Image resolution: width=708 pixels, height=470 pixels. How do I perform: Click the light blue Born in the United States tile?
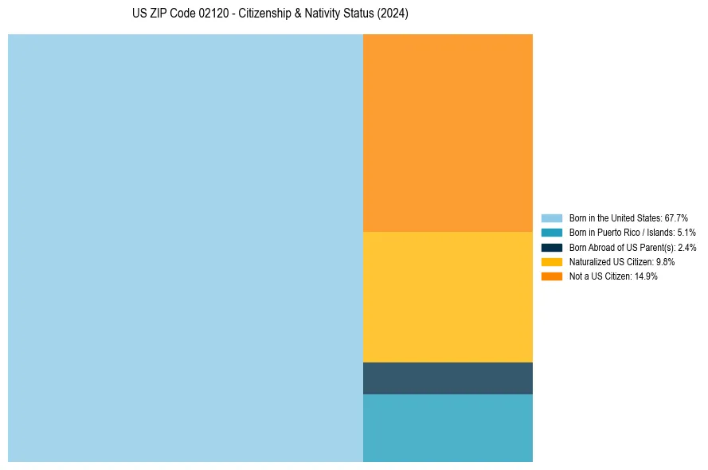[x=186, y=248]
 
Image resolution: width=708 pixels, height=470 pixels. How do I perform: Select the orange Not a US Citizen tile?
[x=448, y=132]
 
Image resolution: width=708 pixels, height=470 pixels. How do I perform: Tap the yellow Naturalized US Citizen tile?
[x=448, y=296]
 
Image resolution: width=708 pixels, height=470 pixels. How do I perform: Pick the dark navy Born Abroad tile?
[x=448, y=378]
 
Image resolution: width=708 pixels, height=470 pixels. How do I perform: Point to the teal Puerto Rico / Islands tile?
[x=448, y=428]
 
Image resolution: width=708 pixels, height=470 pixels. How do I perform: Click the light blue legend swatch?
[x=552, y=218]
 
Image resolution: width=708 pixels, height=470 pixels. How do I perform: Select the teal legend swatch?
[x=552, y=233]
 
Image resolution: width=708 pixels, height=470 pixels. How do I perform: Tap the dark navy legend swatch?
[x=552, y=248]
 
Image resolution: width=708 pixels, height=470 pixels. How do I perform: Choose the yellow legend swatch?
[x=552, y=262]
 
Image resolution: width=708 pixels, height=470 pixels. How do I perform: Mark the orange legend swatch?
[x=552, y=276]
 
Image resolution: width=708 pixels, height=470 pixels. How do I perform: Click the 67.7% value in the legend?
[x=676, y=218]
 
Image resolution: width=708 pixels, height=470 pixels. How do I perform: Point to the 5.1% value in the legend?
[x=686, y=233]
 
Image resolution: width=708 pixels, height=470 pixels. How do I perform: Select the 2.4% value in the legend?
[x=686, y=248]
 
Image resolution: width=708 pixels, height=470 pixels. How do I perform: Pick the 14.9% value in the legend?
[x=646, y=276]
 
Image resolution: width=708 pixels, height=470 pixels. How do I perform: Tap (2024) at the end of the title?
[x=393, y=14]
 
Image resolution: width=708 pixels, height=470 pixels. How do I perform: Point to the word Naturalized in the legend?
[x=589, y=262]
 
